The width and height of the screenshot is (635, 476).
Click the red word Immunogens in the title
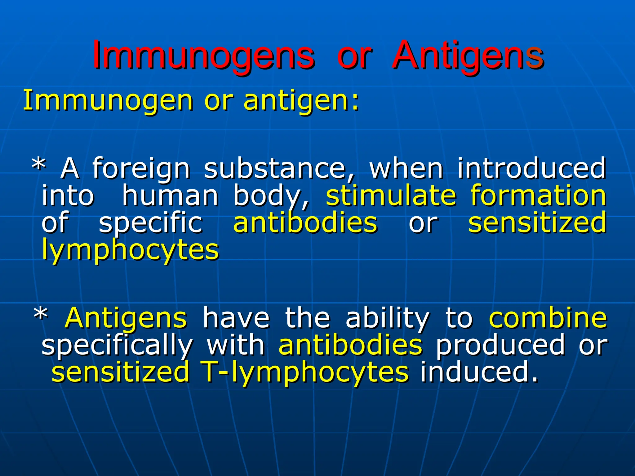pos(203,56)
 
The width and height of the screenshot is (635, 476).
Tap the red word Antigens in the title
pos(468,56)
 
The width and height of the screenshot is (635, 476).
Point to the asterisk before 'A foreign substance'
pos(39,166)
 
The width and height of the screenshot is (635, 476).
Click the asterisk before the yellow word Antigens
pos(41,316)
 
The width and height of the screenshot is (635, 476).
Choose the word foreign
pos(141,169)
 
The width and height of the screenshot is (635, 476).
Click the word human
pos(170,196)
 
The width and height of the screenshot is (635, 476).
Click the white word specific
pos(151,223)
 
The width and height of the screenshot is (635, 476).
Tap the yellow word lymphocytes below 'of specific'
pos(131,250)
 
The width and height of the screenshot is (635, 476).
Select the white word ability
pos(388,319)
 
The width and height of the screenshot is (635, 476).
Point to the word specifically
pos(117,346)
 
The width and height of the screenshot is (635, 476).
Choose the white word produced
pos(500,346)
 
